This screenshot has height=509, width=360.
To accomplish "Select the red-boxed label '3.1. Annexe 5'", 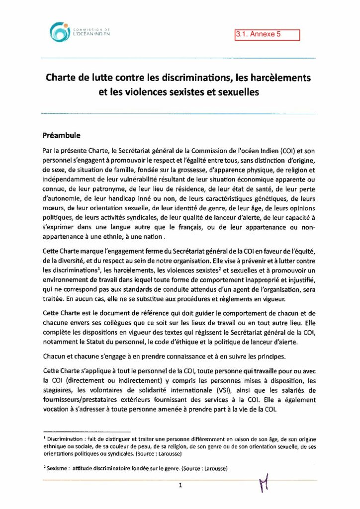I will [268, 35].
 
